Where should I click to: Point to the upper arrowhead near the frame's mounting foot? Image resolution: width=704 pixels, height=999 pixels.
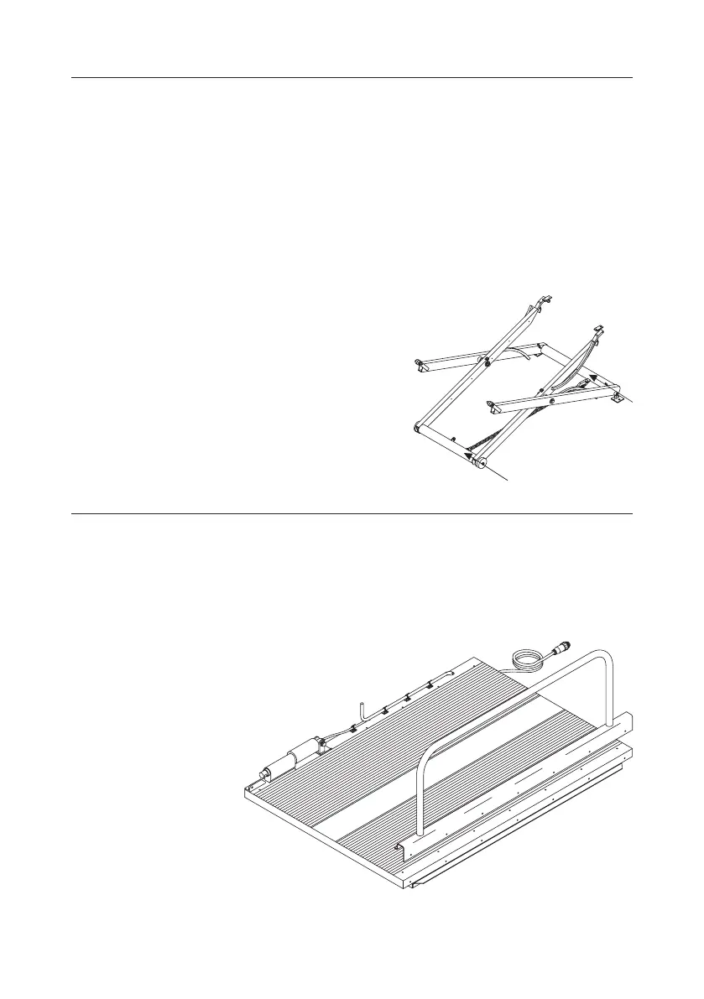tap(593, 378)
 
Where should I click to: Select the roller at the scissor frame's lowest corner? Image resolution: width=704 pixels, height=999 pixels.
tap(479, 462)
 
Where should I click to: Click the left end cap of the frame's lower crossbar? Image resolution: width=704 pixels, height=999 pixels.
tap(417, 428)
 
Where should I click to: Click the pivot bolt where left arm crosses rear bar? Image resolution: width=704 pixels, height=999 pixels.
tap(484, 360)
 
